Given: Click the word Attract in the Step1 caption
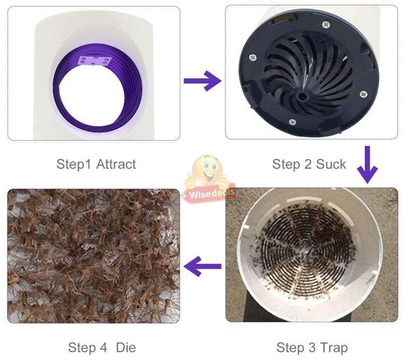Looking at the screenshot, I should [x=116, y=164].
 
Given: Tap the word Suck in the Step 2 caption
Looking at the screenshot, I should [x=331, y=164].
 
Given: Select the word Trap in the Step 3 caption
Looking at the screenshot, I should [x=334, y=347].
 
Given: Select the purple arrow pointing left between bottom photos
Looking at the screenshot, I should [x=203, y=266].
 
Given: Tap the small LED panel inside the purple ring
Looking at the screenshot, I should [x=94, y=62].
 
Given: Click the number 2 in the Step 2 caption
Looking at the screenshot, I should [x=308, y=164].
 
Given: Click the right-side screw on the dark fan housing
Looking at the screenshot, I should [x=362, y=94].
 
